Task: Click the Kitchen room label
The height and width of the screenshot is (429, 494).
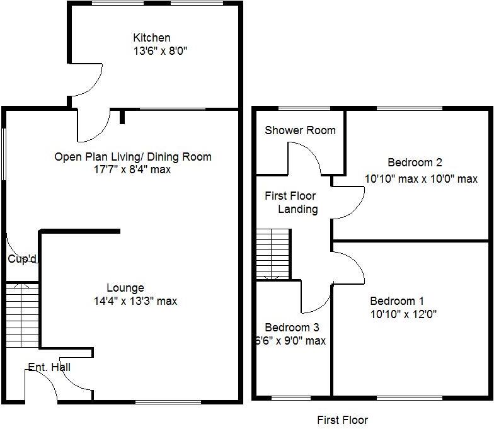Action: point(151,38)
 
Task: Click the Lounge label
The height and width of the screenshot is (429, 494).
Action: point(125,289)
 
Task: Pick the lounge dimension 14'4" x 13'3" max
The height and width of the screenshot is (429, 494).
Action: point(135,301)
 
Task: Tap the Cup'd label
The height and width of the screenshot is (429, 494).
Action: point(23,259)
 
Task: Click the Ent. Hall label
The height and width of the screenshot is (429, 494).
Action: point(49,367)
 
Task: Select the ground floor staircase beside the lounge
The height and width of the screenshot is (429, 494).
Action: point(22,315)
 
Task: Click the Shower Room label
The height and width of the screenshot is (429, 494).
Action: point(300,131)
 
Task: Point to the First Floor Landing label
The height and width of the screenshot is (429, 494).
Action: point(290,203)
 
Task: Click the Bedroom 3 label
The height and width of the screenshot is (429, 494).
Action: point(292,328)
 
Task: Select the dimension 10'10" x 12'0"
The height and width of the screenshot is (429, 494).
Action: point(403,314)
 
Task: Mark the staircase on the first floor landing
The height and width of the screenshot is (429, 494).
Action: point(273,255)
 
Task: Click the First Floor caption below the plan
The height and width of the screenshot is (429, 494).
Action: point(342,420)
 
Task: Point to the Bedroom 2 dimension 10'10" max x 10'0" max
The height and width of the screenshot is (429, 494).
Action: point(421,179)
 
